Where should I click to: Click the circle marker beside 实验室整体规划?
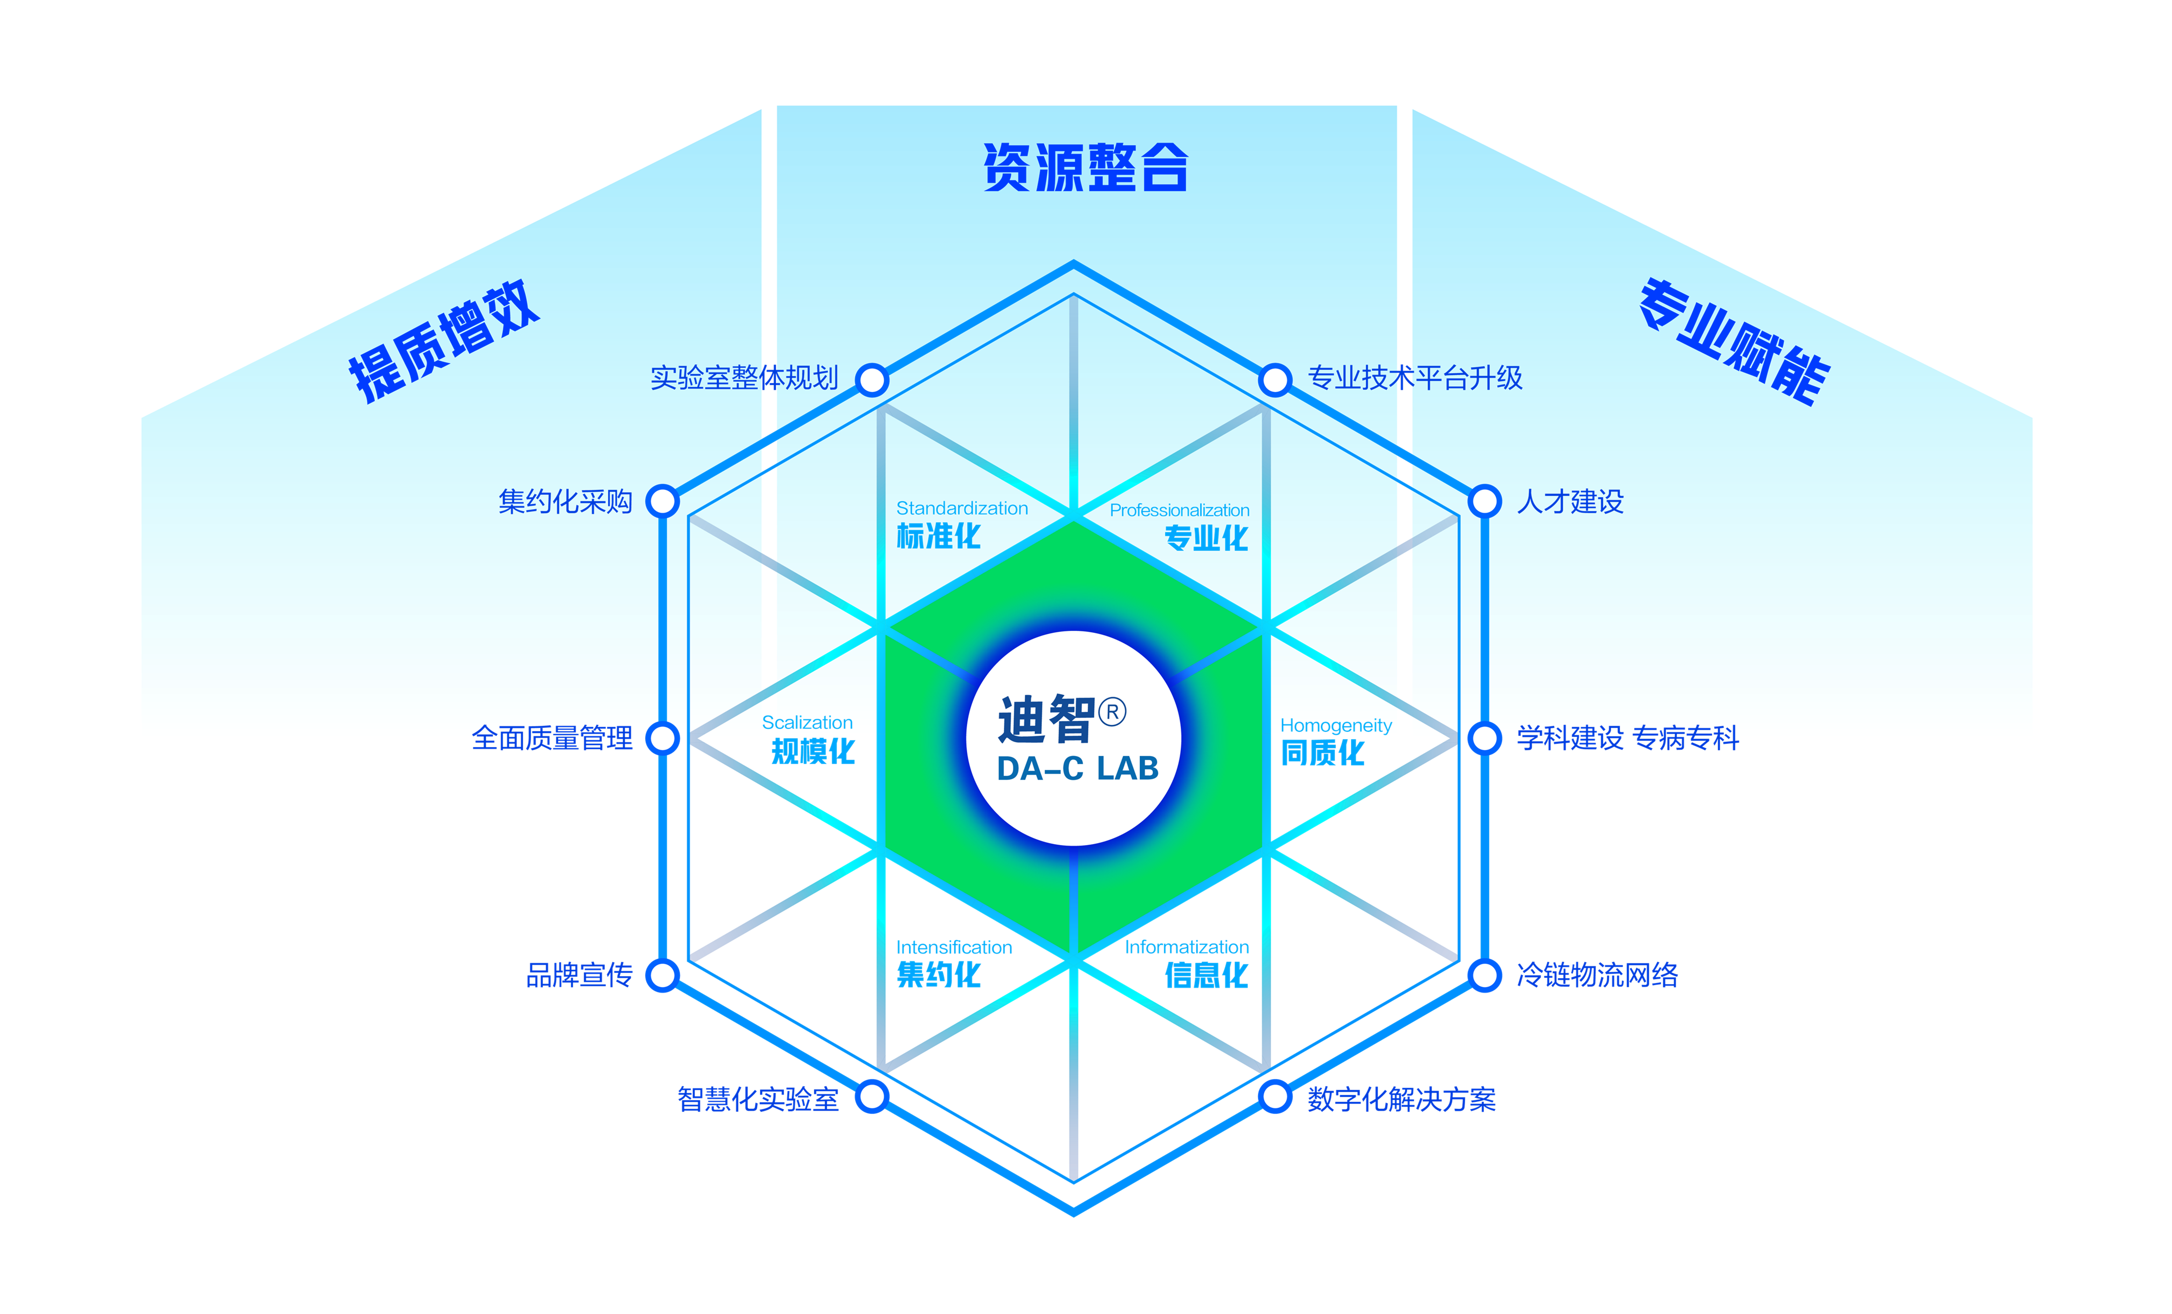[x=872, y=380]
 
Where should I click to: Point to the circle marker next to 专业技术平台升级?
[x=1275, y=380]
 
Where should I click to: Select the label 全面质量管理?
[x=552, y=738]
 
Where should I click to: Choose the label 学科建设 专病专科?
[x=1627, y=738]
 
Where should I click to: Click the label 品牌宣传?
[x=579, y=975]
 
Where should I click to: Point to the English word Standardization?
[x=962, y=509]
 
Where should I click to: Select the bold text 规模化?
[x=813, y=751]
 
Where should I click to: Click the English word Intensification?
[x=954, y=947]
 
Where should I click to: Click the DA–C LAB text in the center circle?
[x=1077, y=768]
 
